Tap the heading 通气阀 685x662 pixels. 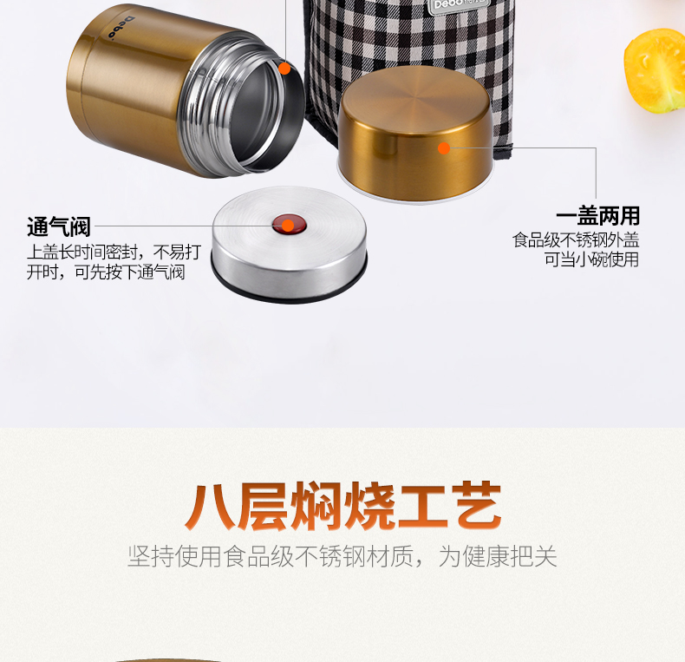coord(59,228)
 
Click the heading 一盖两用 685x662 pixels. coord(597,216)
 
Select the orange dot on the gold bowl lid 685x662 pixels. coord(444,148)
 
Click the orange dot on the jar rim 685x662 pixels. coord(284,68)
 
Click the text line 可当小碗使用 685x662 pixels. coord(591,259)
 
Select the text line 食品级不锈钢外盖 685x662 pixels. coord(576,239)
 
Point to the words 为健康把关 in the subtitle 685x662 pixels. coord(498,556)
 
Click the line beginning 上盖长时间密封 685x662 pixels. coord(114,252)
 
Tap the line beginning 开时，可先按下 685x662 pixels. coord(105,272)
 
